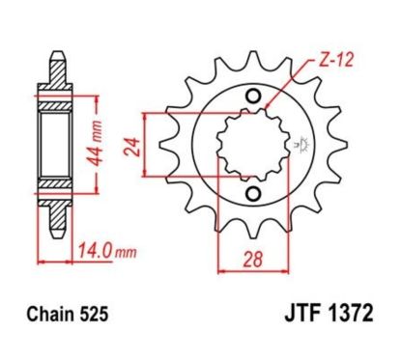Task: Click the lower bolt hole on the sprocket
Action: [252, 196]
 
